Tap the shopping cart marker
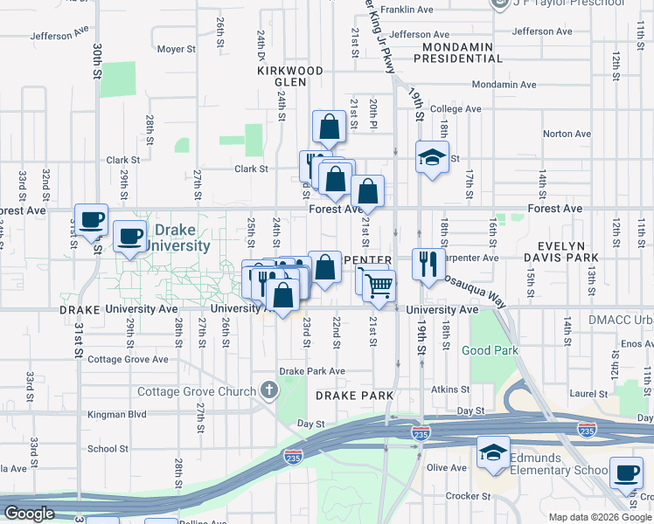(379, 286)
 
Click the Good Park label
(490, 351)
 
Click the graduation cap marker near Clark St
(430, 158)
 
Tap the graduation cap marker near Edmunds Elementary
(493, 453)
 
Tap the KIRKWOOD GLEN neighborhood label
(282, 74)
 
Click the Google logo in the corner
(30, 514)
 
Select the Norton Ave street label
(567, 134)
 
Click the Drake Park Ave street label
(312, 371)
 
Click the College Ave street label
(456, 109)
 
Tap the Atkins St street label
(450, 390)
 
